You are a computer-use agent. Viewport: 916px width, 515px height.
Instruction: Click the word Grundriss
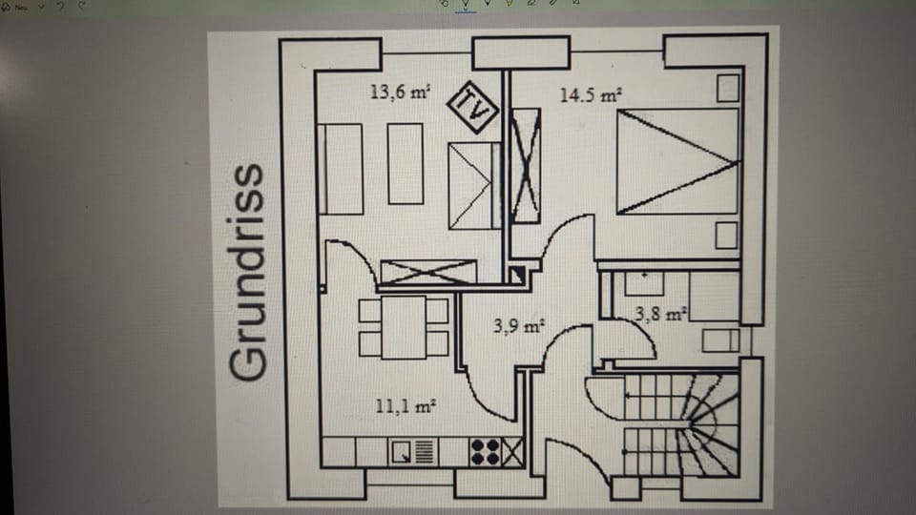[248, 273]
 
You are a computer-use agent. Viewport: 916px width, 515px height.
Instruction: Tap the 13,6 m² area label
[400, 93]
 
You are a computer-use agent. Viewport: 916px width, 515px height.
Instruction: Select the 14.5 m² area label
[591, 95]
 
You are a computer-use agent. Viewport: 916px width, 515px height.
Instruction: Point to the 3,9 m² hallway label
[518, 326]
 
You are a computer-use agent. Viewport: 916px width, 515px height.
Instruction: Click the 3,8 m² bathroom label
[661, 313]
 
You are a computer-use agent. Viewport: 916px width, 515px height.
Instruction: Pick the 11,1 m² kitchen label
[406, 405]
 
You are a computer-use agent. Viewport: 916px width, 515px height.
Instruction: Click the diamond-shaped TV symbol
[474, 105]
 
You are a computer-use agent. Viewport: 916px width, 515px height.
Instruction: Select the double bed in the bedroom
[677, 161]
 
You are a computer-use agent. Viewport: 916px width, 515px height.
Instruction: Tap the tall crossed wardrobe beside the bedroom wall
[526, 165]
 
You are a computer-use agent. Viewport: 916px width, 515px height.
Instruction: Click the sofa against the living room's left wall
[341, 169]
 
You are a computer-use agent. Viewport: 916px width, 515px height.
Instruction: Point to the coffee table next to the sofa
[406, 163]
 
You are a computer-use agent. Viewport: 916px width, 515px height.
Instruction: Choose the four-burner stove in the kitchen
[485, 451]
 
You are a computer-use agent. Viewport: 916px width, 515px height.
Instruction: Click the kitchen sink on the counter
[413, 451]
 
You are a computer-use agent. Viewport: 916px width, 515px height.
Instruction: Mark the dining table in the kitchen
[404, 326]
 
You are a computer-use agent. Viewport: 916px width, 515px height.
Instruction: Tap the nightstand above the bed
[728, 88]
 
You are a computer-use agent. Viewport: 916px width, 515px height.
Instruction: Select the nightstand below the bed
[728, 235]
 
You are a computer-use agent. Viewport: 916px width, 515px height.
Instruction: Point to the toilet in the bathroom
[720, 340]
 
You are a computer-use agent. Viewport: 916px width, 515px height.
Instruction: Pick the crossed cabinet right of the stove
[512, 451]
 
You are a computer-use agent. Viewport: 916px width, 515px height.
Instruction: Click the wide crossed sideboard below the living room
[427, 272]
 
